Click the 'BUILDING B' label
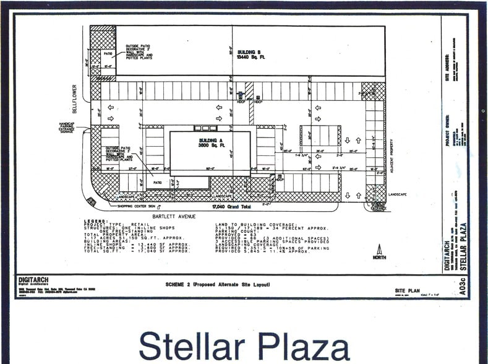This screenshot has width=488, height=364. pyautogui.click(x=250, y=51)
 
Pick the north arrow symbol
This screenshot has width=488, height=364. pyautogui.click(x=379, y=251)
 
